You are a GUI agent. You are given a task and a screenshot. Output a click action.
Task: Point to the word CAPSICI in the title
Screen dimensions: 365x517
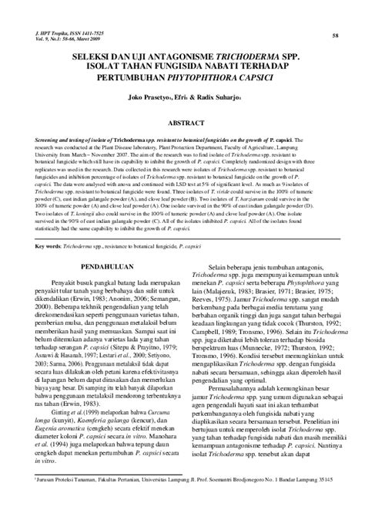point(257,86)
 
